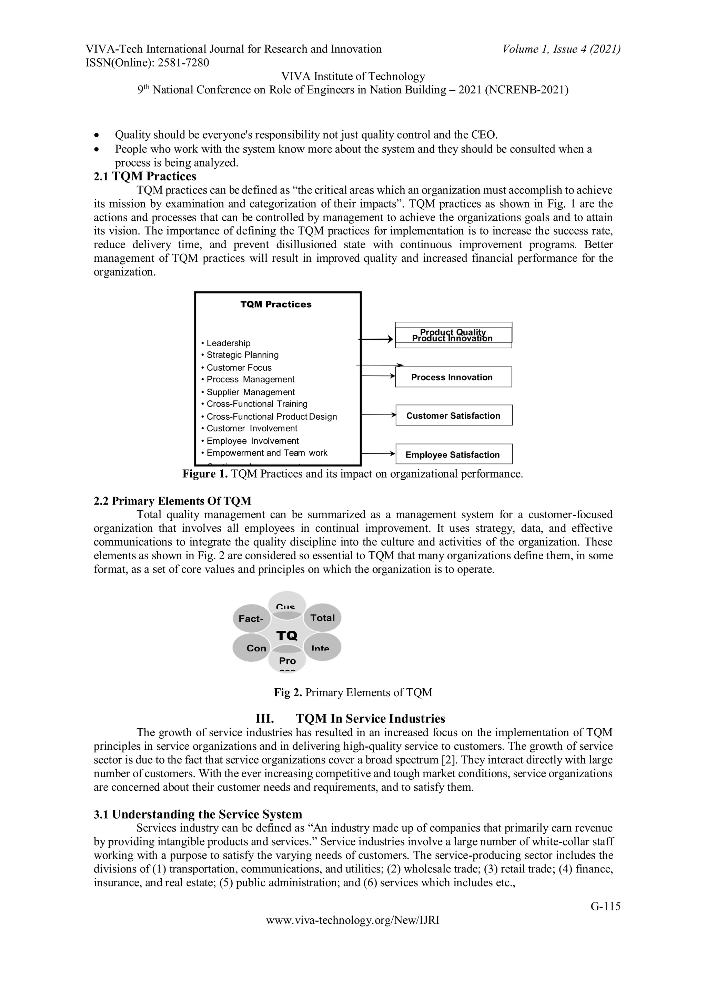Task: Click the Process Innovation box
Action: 453,377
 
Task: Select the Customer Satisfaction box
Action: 453,415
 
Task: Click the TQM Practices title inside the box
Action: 276,304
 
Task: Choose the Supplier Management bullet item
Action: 251,392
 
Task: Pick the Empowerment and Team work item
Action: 267,452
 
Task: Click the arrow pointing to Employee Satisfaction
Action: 377,453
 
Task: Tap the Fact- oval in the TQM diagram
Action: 251,618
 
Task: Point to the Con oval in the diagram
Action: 256,648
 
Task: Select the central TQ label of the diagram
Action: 287,636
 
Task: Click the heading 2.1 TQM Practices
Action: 145,176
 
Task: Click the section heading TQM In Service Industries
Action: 370,718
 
